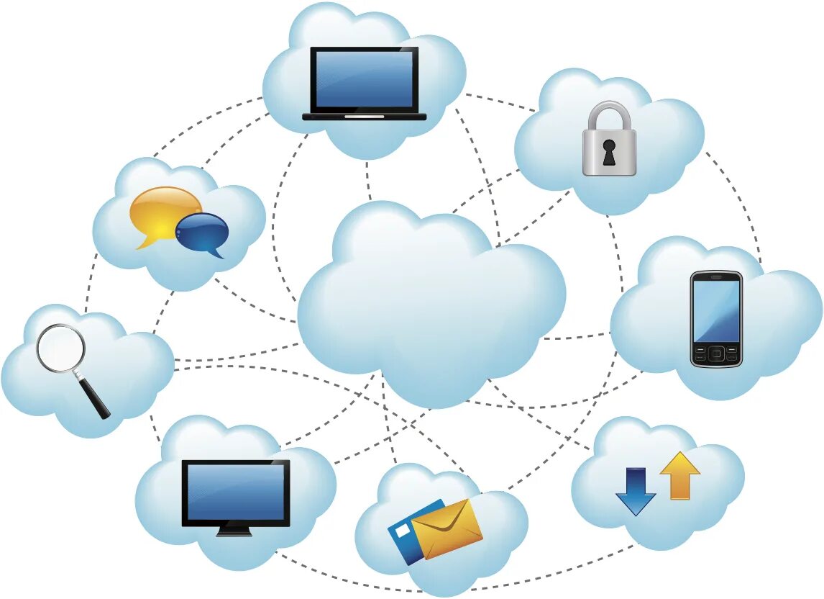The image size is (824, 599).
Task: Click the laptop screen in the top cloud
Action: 364,79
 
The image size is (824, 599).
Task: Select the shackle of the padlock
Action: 609,114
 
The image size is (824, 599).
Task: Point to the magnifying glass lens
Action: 60,348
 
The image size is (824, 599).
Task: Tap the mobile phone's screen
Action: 715,310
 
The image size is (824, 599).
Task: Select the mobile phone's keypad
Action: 715,353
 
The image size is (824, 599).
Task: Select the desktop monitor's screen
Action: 235,491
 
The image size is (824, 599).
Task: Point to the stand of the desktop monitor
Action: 234,531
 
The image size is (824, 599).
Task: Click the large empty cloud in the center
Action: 430,302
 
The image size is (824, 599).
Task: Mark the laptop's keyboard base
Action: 364,116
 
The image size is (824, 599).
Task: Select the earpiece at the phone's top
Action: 715,276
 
